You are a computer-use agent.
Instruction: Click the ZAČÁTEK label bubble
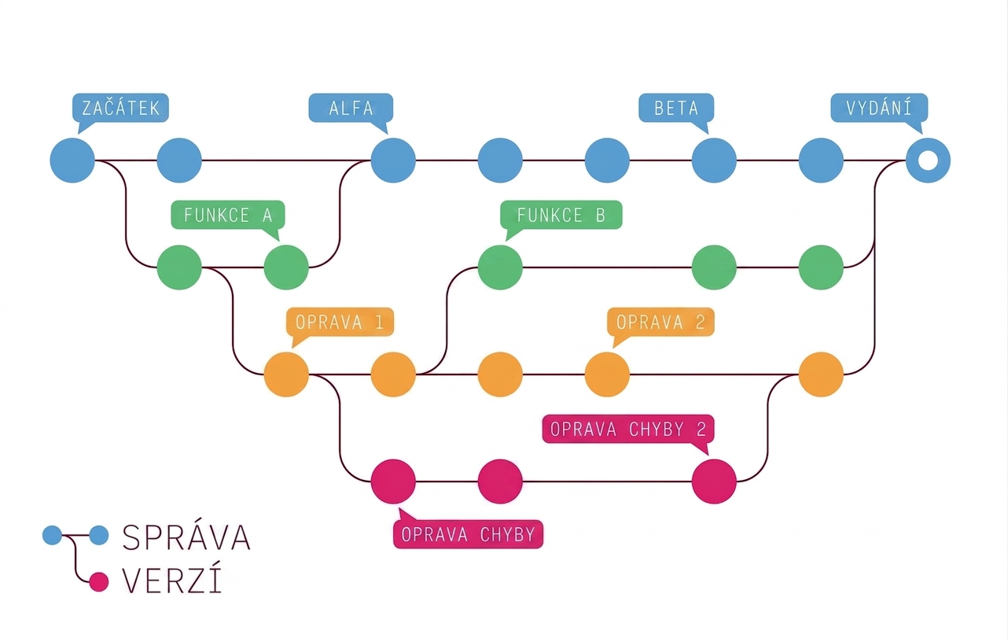tap(120, 108)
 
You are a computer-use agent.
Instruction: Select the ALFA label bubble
tap(351, 108)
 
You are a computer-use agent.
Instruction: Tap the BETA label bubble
tap(676, 108)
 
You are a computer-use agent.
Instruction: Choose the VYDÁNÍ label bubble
tap(879, 108)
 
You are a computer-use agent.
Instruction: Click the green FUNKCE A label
tap(228, 216)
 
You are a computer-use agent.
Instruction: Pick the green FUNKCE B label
tap(561, 216)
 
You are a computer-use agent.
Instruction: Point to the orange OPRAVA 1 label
tap(340, 323)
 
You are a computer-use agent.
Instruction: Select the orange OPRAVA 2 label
tap(660, 323)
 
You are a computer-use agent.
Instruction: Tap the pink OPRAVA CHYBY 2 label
tap(628, 429)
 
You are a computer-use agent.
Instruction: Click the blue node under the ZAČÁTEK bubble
tap(72, 160)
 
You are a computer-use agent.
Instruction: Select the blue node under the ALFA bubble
tap(393, 160)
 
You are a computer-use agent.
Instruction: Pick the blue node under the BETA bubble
tap(714, 160)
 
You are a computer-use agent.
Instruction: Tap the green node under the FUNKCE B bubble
tap(500, 267)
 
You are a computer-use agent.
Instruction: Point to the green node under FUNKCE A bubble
tap(286, 267)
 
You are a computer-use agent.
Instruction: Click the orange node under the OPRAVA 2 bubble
tap(607, 374)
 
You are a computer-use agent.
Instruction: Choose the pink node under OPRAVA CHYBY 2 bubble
tap(714, 481)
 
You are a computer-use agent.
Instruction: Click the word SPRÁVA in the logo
tap(186, 537)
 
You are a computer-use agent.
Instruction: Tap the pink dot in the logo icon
tap(99, 582)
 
